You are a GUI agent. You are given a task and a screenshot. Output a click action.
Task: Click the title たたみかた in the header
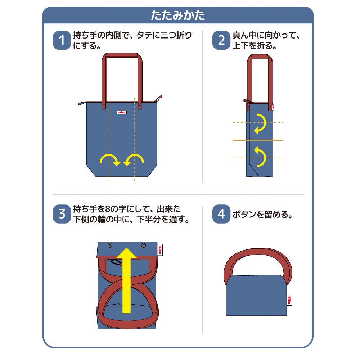coord(178,16)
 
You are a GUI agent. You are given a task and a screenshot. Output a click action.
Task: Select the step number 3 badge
coord(62,214)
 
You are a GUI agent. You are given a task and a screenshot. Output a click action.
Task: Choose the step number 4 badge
coord(221,214)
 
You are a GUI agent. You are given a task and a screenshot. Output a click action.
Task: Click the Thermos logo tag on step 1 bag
coord(122,112)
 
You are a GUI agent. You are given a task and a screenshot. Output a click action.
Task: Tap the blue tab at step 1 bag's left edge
coord(81,103)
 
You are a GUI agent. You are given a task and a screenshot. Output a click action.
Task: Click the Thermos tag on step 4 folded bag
coord(290,299)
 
